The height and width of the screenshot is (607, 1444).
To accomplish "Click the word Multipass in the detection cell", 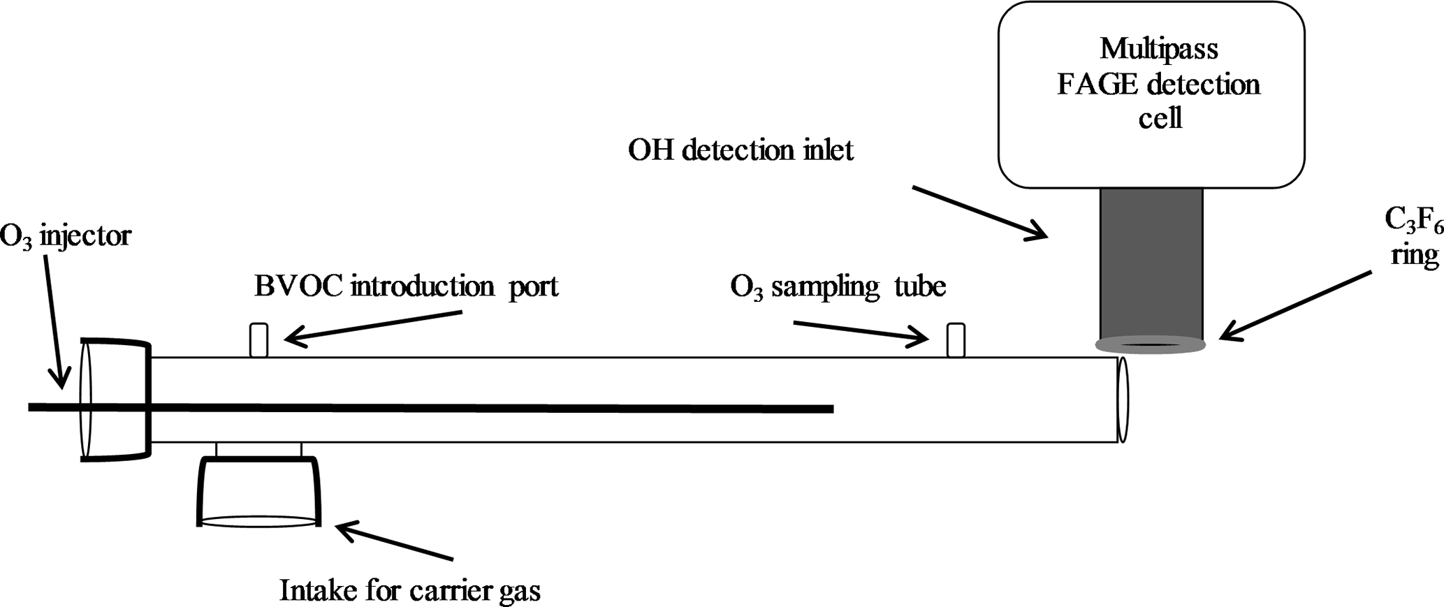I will pos(1159,49).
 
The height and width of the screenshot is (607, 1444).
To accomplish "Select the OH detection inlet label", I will pos(741,150).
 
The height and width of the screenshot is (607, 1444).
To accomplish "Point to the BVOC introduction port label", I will pos(406,286).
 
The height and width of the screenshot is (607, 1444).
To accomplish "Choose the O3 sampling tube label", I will pos(838,286).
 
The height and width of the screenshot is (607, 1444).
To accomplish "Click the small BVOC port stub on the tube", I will pos(259,339).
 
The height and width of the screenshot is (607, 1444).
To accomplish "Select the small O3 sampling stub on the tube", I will pos(956,339).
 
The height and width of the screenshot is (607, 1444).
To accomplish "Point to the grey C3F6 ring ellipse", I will pos(1150,344).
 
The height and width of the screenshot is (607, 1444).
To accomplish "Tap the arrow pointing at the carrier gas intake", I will pos(395,542).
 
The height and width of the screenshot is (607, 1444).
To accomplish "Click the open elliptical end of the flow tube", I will pos(1122,400).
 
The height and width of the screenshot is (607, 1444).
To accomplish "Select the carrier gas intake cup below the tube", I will pos(259,489).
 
